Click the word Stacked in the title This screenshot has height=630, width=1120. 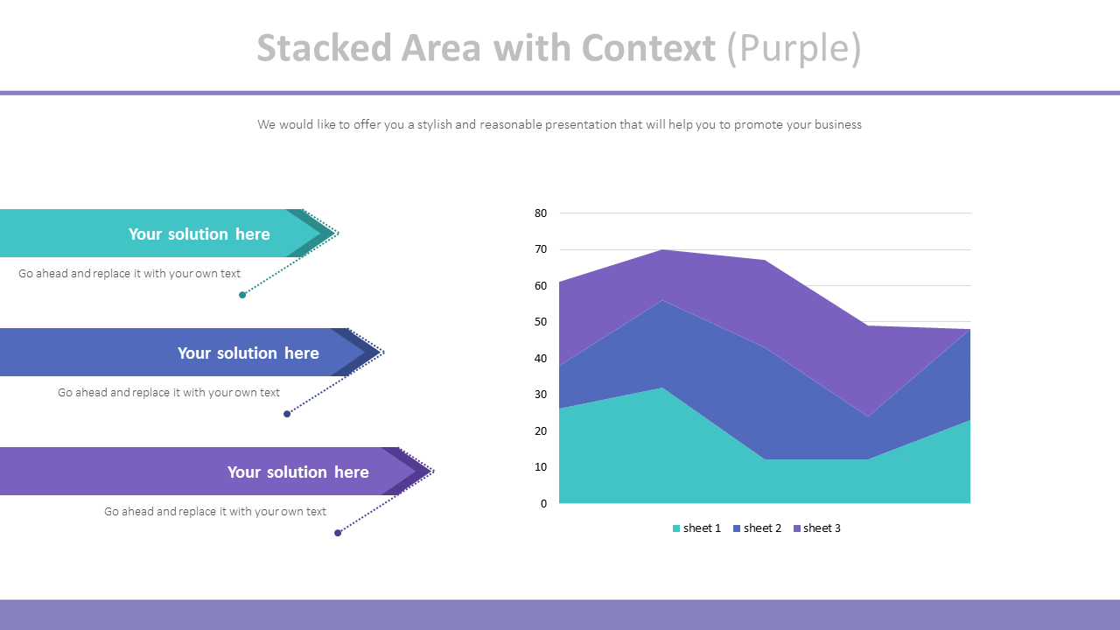click(324, 49)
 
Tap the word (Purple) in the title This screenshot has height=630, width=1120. click(794, 49)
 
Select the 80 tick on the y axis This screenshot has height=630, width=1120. click(540, 213)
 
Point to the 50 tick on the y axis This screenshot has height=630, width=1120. click(540, 322)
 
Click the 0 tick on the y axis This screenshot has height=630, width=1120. click(543, 503)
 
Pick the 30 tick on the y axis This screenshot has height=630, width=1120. click(540, 395)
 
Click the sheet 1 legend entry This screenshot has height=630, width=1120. click(696, 528)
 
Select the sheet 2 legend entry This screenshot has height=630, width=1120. click(757, 528)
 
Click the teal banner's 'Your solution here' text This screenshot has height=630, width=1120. click(199, 234)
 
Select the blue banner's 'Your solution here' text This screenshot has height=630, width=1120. click(248, 353)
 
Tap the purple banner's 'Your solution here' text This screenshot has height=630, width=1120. click(297, 472)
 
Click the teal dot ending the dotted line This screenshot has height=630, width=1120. click(242, 295)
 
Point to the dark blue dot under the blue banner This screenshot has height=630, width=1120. click(287, 414)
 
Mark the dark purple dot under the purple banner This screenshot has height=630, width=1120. click(338, 533)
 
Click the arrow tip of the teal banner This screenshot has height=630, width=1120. click(335, 233)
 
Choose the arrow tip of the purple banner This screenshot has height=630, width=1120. click(430, 472)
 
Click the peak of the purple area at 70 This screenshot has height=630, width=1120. click(661, 250)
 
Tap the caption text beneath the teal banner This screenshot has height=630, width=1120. click(129, 274)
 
